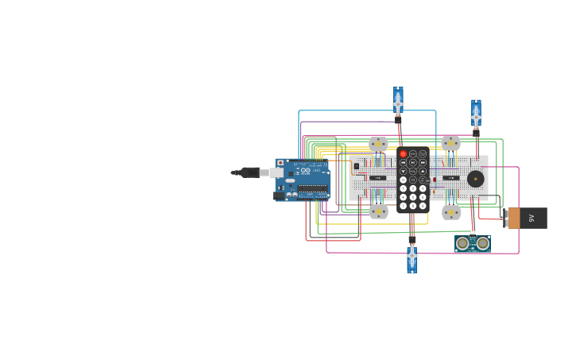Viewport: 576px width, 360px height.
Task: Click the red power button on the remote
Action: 403,153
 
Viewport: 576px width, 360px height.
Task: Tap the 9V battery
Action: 527,218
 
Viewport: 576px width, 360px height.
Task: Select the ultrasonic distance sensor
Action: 473,243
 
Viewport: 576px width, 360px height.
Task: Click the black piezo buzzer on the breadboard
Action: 475,179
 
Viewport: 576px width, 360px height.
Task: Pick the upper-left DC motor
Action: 378,144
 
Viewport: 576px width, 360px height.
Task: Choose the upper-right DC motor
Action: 450,143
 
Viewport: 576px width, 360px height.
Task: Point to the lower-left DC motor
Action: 378,211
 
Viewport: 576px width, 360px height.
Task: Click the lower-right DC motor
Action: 451,212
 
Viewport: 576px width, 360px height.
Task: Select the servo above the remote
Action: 398,102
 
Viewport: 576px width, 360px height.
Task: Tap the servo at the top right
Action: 476,115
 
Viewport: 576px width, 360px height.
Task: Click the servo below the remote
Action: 412,257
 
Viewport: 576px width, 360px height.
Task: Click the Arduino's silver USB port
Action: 276,172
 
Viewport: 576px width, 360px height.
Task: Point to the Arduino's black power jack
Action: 279,195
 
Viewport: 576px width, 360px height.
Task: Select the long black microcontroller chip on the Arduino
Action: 313,189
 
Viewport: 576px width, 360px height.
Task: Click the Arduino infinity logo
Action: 306,171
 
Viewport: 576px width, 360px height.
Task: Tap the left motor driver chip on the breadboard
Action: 378,177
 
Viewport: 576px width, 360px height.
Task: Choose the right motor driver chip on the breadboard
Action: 450,177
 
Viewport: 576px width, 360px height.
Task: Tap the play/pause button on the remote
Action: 413,162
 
